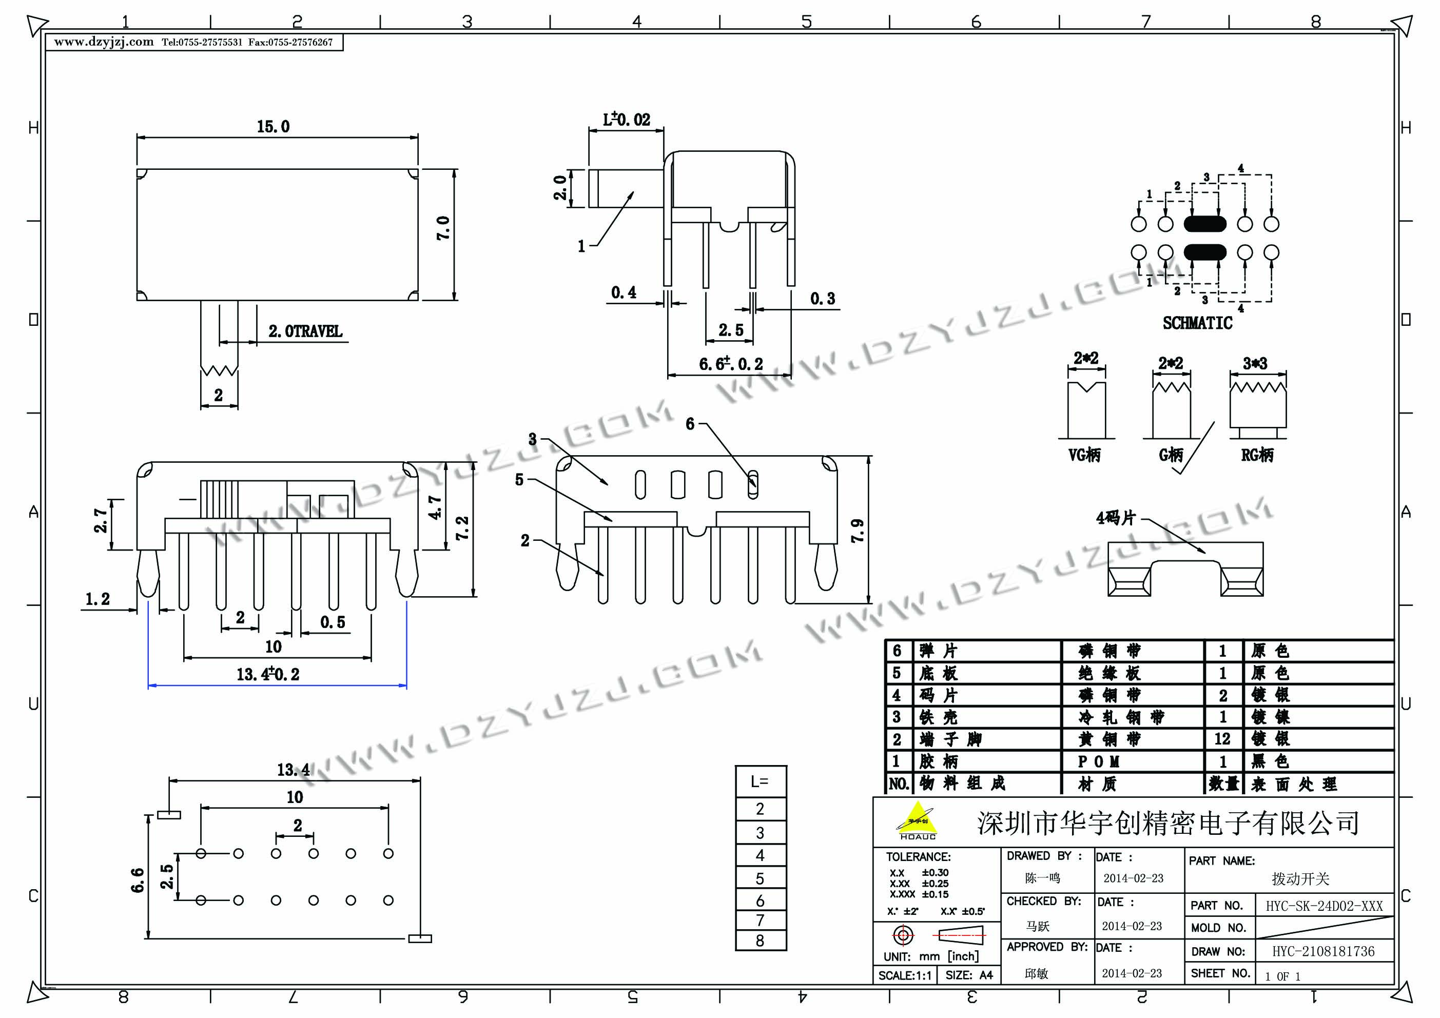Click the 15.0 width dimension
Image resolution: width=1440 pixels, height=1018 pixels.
tap(273, 127)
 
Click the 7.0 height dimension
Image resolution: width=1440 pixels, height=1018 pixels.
tap(443, 228)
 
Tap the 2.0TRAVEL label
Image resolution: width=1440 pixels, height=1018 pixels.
tap(305, 331)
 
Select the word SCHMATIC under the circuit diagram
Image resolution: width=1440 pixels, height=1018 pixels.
tap(1197, 323)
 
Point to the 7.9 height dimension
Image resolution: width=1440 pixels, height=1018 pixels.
tap(858, 531)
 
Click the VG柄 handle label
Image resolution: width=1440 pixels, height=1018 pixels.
tap(1084, 455)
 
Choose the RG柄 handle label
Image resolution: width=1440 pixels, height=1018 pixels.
tap(1257, 455)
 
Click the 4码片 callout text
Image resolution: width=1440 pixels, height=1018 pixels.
tap(1115, 518)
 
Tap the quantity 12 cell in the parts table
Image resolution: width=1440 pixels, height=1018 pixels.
tap(1222, 739)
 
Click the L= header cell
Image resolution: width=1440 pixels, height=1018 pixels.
tap(760, 781)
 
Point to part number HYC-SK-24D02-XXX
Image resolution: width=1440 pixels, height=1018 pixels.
tap(1324, 906)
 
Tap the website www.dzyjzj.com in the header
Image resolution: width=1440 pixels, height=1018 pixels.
tap(104, 42)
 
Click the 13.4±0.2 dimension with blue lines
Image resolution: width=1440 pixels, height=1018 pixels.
tap(268, 674)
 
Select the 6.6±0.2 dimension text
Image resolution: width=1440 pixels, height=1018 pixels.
tap(731, 364)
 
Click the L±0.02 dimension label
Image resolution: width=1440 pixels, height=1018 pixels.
tap(626, 119)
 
